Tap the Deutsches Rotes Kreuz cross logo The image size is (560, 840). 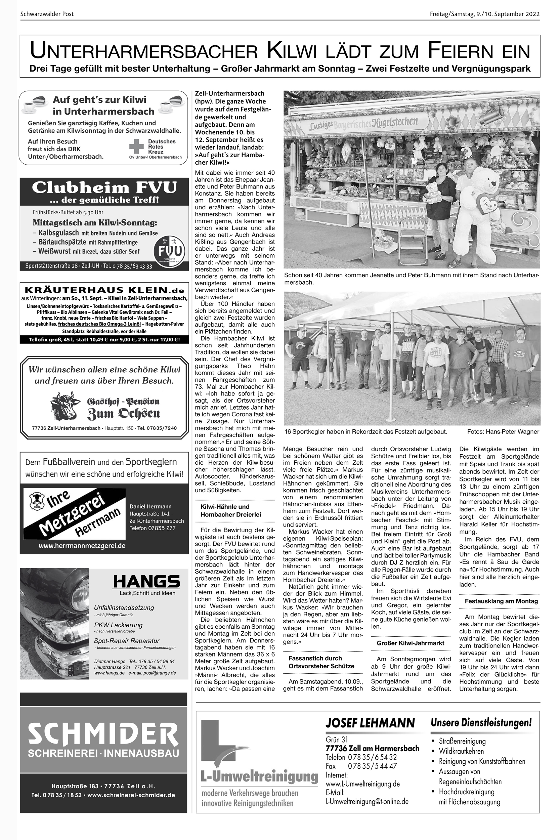pos(136,146)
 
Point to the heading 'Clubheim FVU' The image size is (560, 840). pos(104,187)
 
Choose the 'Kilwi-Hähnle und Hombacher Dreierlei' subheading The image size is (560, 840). pos(230,510)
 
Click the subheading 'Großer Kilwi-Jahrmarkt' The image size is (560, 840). pos(411,643)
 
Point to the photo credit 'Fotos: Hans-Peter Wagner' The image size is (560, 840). pos(503,431)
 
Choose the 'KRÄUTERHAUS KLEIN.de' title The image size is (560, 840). pos(104,290)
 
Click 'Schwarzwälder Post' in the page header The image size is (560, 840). pos(47,14)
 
